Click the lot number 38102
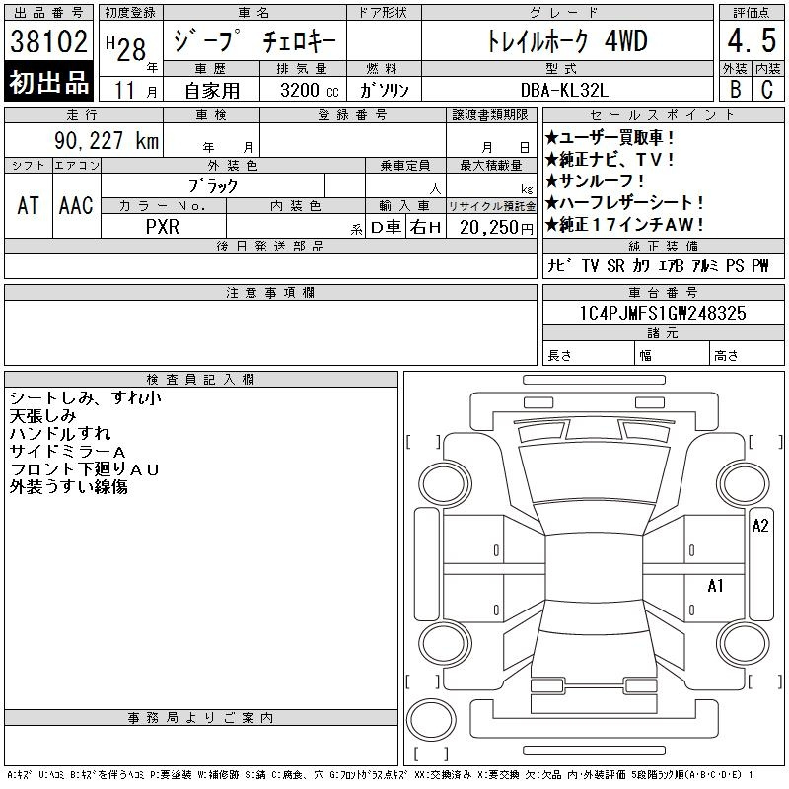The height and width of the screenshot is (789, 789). coord(48,40)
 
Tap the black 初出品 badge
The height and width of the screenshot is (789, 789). coord(48,82)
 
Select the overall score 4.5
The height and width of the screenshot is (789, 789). coord(752,40)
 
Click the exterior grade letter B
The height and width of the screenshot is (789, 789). coord(735,89)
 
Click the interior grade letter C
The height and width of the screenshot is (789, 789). coord(767,89)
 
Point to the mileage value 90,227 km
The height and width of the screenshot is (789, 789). coord(107,140)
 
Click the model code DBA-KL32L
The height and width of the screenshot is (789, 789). coord(564,90)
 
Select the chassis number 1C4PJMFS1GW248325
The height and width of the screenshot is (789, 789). coord(663,313)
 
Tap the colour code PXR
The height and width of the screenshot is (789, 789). coord(163,227)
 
